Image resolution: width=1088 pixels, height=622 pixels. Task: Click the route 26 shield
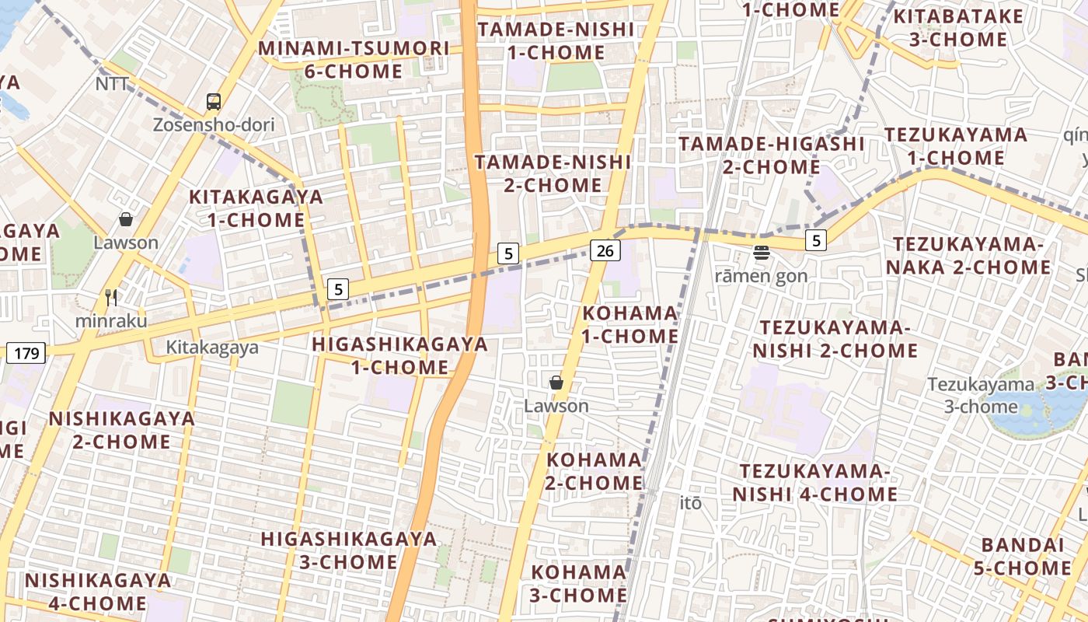coord(605,250)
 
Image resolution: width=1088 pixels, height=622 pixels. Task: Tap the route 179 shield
coord(26,354)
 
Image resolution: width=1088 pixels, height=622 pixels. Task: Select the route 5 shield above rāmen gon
coord(815,241)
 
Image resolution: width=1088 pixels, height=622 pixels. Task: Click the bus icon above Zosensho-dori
coord(213,102)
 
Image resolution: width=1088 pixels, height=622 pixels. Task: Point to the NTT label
coord(112,84)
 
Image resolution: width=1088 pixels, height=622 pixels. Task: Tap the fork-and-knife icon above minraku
coord(110,297)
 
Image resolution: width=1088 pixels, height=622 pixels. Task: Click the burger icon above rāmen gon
coord(761,252)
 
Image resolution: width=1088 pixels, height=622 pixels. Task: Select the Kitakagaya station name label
coord(212,348)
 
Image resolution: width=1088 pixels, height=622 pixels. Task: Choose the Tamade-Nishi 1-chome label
coord(556,41)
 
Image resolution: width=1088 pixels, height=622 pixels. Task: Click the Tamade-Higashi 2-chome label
coord(772,155)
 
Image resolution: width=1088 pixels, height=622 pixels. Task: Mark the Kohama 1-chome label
coord(630,324)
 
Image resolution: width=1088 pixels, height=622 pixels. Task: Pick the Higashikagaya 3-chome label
coord(349,550)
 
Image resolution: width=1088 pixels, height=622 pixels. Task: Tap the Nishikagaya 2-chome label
coord(121,430)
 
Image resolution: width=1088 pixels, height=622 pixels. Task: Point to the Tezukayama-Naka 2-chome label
coord(971,256)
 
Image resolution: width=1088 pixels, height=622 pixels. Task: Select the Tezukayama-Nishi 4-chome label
coord(815,483)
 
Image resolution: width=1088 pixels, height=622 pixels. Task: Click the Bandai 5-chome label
coord(1022,556)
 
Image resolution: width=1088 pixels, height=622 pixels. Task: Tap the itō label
coord(691,503)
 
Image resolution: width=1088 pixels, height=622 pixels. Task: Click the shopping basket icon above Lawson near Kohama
coord(556,383)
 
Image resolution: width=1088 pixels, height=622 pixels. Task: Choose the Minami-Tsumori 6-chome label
coord(354,60)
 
